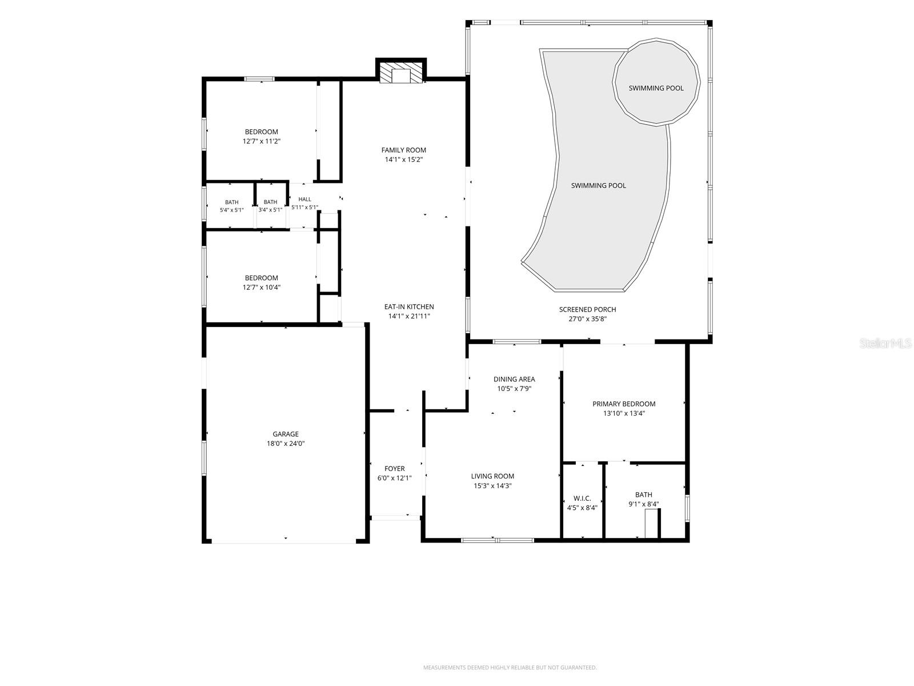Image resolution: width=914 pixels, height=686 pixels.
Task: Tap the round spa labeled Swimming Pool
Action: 656,82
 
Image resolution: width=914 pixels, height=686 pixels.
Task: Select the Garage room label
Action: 286,434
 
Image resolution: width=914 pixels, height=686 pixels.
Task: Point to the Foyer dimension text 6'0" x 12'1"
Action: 394,478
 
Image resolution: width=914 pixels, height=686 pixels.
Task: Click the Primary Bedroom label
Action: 624,404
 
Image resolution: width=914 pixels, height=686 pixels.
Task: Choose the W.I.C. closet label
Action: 582,498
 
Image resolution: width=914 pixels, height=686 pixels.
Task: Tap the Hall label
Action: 304,199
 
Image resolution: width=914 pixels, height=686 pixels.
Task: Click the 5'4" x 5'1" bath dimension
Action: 232,210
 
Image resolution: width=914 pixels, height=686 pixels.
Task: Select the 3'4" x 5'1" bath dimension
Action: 270,210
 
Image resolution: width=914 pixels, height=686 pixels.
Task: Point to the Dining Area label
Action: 514,379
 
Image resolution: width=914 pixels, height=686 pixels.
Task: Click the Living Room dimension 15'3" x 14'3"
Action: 492,486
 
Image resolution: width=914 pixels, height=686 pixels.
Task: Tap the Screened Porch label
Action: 588,309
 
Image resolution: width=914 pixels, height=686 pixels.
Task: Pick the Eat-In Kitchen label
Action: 409,306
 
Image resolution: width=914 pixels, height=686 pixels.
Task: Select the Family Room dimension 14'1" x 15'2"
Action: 403,159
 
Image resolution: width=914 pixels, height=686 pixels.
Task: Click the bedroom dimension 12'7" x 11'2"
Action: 262,141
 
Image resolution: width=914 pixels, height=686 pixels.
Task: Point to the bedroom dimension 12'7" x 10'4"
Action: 262,288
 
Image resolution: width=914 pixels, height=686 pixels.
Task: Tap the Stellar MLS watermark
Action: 885,343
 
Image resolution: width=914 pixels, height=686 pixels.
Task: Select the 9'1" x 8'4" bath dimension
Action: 644,504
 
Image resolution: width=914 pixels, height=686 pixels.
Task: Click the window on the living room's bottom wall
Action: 497,540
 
